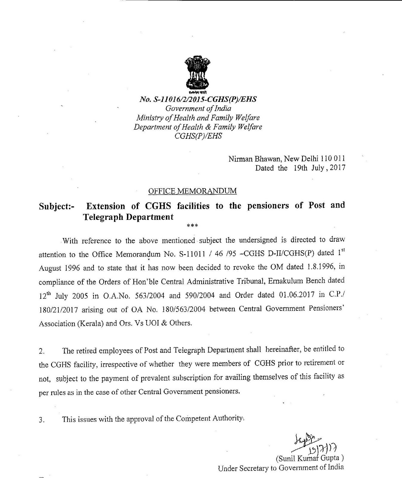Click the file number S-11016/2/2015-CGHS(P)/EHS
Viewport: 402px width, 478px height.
198,99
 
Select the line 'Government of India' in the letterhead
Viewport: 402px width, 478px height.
198,108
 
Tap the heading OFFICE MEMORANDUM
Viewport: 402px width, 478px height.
192,191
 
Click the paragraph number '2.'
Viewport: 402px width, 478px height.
42,351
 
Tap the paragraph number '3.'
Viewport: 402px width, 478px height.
42,420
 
